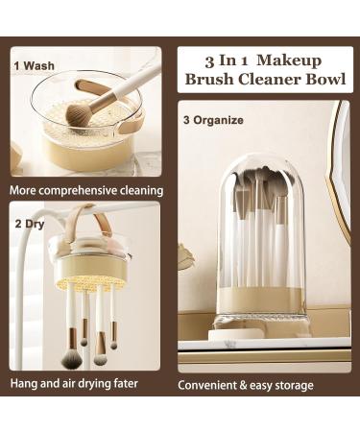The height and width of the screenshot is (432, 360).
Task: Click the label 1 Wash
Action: pyautogui.click(x=34, y=65)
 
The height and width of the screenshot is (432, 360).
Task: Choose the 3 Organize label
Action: pyautogui.click(x=213, y=121)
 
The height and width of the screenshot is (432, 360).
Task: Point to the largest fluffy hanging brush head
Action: pyautogui.click(x=71, y=358)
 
